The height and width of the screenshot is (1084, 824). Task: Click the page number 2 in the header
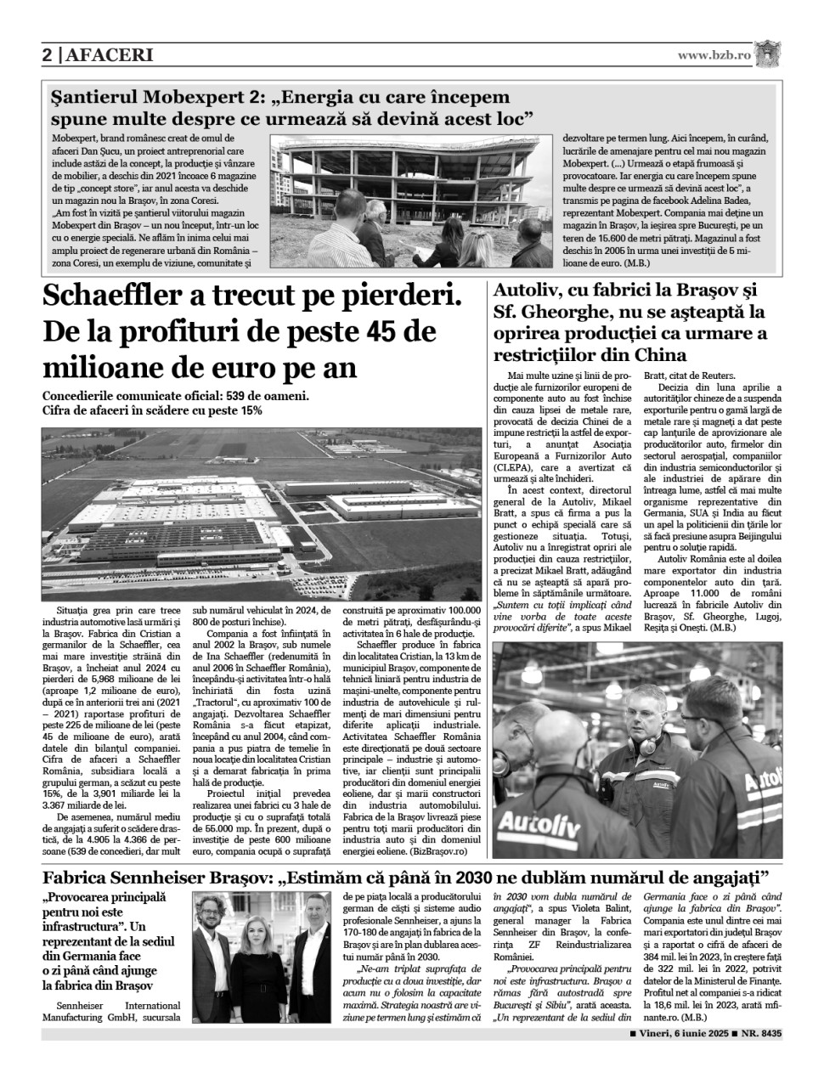pos(48,56)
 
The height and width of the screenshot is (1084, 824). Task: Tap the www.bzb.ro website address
pos(714,55)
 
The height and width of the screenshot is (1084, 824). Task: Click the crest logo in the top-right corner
pos(767,54)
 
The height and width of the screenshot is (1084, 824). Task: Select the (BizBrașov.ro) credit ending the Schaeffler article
pos(439,850)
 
